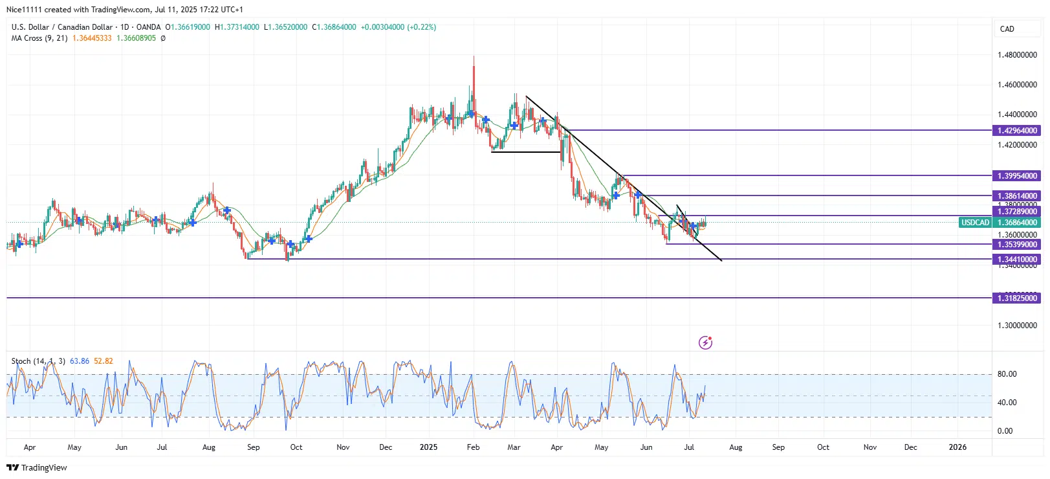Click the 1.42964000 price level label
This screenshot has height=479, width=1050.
point(1017,131)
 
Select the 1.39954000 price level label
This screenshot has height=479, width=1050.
point(1017,176)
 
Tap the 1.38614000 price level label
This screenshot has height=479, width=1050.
point(1017,196)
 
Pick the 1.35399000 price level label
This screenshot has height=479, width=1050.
point(1017,245)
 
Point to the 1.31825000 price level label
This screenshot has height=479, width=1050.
point(1017,298)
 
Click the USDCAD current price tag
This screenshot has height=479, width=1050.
point(975,223)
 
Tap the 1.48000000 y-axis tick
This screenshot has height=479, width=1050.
point(1017,55)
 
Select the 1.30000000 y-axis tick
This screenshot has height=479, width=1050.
point(1017,326)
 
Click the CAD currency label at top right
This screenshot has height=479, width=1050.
point(1007,29)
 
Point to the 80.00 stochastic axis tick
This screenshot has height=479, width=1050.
point(1007,374)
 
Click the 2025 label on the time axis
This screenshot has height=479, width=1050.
point(428,447)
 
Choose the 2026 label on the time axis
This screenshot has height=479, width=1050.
point(957,447)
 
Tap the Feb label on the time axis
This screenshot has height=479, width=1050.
point(474,447)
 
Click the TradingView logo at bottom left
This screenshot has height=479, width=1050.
point(37,467)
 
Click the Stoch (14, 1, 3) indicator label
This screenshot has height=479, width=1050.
point(38,361)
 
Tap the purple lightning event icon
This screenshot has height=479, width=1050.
point(705,342)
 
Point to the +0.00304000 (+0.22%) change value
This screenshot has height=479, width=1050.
point(399,27)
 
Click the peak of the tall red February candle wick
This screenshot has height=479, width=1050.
point(474,57)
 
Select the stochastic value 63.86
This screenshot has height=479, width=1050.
point(80,361)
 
